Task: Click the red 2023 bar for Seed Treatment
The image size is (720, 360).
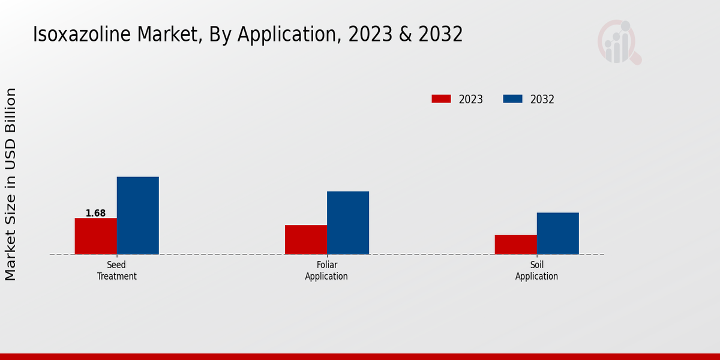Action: pos(95,236)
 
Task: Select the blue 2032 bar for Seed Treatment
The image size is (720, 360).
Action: pos(137,215)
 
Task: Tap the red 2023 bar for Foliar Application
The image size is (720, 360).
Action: pos(306,239)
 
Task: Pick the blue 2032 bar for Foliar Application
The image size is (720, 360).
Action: pos(348,223)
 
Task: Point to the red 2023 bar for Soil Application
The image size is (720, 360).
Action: pos(515,244)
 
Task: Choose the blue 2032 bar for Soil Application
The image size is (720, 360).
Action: pos(557,233)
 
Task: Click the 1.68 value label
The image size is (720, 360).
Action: pos(95,213)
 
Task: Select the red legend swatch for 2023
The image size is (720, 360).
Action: pos(441,99)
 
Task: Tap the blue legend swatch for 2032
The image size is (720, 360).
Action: pos(512,99)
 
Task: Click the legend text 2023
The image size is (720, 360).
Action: pos(470,100)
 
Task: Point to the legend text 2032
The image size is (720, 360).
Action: pos(542,100)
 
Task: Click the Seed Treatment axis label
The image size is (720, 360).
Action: pos(116,271)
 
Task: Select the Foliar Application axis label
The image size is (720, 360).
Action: pos(326,271)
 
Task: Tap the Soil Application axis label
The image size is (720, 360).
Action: pos(536,271)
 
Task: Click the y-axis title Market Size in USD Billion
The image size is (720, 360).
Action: pos(11,184)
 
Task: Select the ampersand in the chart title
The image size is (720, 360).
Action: pos(406,35)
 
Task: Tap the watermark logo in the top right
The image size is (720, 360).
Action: pos(619,42)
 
